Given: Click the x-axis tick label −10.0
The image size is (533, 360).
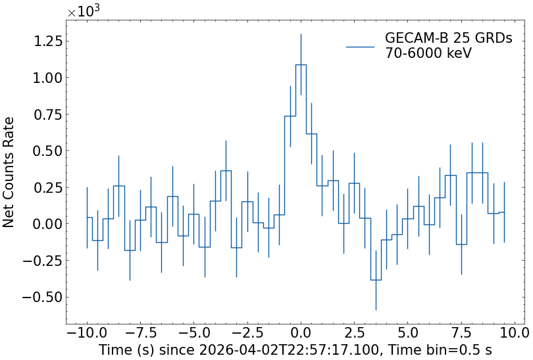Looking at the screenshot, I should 86,332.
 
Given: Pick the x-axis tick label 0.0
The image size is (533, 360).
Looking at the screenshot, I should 301,332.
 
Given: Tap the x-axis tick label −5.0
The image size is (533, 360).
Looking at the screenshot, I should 193,332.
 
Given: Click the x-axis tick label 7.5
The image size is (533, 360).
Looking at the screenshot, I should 462,332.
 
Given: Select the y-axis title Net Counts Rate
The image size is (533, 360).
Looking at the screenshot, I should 9,172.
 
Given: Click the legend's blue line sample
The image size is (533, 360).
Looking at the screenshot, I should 360,47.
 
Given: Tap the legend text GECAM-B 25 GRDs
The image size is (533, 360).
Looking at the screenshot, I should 448,39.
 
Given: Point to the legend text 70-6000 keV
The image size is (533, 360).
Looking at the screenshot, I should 428,54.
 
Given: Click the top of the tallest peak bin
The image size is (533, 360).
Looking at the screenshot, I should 301,64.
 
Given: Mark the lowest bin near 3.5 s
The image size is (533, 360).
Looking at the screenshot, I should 376,280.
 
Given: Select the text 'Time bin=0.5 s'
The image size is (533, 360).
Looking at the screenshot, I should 448,349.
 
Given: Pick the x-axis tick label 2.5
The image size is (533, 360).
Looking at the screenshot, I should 355,332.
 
